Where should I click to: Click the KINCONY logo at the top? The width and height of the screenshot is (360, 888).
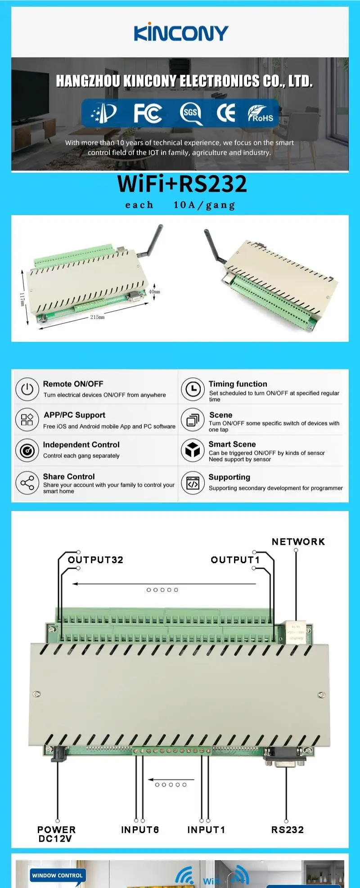(x=181, y=33)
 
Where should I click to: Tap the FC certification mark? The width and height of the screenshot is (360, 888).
(x=148, y=113)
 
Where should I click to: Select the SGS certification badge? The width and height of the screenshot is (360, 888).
(x=190, y=113)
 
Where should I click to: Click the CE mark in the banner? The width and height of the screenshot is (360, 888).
(x=225, y=113)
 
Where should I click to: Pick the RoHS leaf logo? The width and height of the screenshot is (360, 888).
(x=261, y=114)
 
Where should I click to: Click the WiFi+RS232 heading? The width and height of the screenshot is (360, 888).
(x=182, y=184)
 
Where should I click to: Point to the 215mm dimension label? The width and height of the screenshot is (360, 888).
(x=97, y=317)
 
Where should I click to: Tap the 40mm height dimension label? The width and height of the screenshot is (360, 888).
(x=154, y=292)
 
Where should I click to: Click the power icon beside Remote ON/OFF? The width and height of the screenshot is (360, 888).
(x=27, y=389)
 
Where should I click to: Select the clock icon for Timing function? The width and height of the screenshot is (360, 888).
(x=193, y=389)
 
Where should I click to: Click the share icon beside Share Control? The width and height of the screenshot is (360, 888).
(x=27, y=483)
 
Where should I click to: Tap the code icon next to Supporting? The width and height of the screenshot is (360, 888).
(x=193, y=483)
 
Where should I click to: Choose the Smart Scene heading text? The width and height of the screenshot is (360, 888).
(x=232, y=444)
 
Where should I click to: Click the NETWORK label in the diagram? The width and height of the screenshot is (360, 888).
(x=298, y=542)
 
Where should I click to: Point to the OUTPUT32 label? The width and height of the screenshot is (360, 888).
(x=95, y=560)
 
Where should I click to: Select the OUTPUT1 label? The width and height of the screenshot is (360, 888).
(x=235, y=560)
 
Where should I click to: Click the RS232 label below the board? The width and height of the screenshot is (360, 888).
(x=287, y=830)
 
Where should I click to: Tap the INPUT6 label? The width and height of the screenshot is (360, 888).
(x=140, y=830)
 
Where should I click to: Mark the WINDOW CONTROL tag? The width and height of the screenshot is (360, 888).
(x=57, y=875)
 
